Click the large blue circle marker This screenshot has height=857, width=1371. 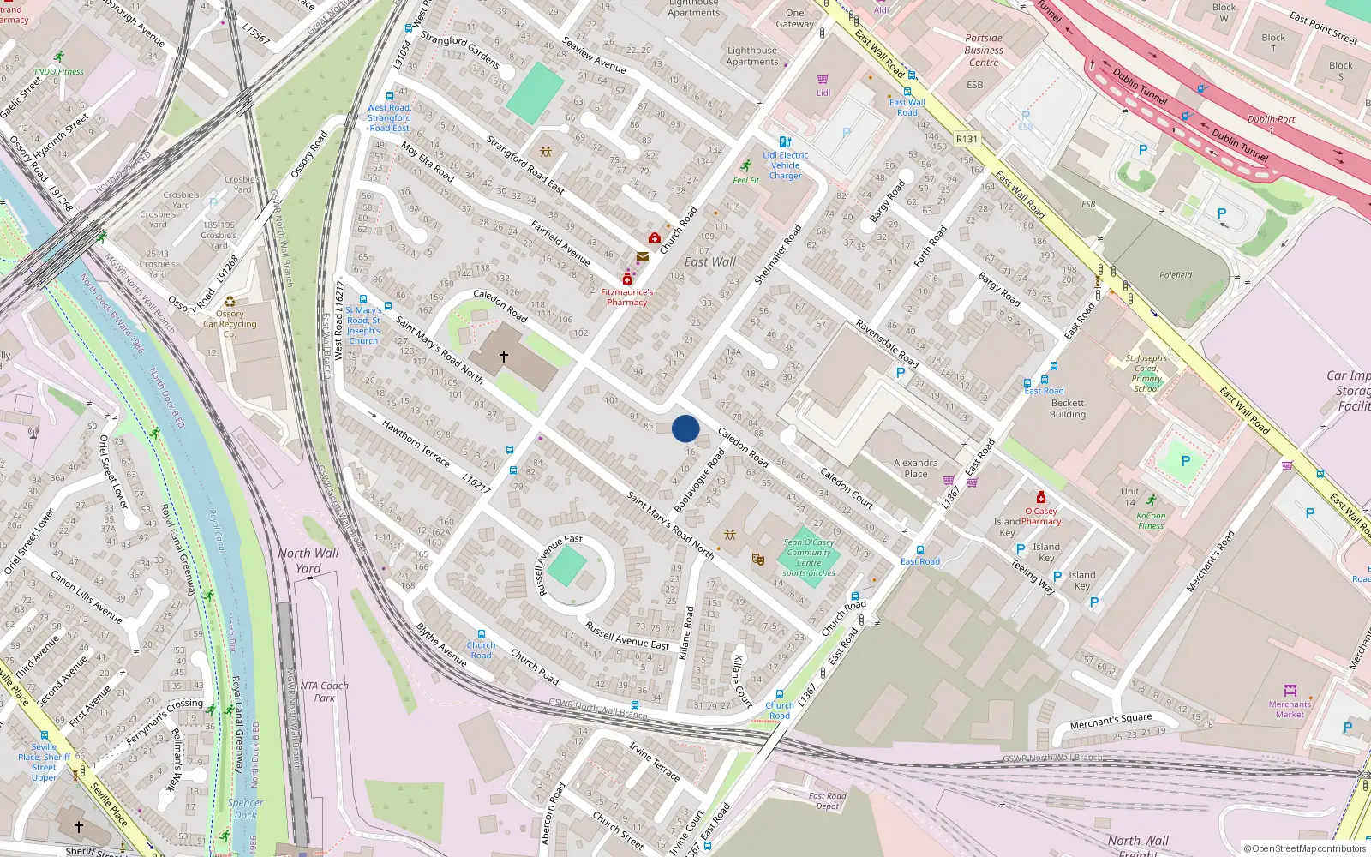685,428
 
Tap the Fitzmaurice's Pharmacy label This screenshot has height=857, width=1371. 626,297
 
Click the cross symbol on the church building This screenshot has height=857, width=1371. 504,356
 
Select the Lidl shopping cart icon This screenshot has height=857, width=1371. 823,80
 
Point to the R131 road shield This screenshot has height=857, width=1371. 967,139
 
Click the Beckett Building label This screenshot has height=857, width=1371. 1068,409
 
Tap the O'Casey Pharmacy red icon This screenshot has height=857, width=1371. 1041,498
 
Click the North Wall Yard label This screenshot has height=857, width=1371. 308,560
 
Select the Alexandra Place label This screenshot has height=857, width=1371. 915,468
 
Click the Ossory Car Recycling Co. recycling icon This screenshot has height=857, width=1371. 230,302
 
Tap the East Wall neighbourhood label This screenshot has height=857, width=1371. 709,262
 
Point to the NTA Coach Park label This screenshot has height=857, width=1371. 324,692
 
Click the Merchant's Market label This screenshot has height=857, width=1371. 1290,709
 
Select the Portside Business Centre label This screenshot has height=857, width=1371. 984,50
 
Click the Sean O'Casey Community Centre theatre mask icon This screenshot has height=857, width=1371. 757,560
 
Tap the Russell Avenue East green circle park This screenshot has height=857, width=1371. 567,567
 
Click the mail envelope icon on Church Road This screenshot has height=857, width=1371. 642,256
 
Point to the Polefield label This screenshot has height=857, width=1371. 1176,275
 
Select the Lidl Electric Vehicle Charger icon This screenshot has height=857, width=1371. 784,142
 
